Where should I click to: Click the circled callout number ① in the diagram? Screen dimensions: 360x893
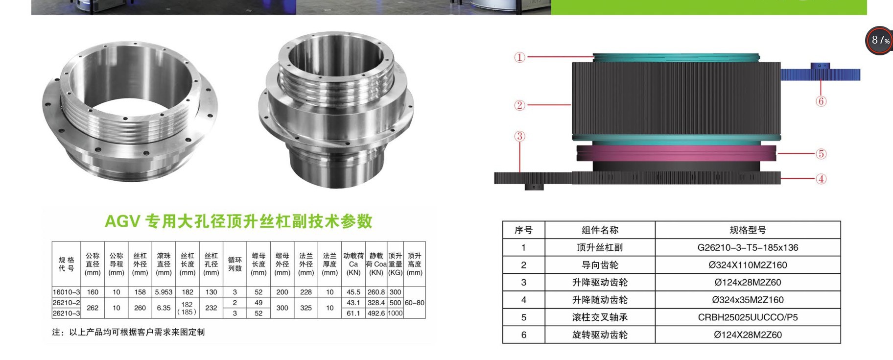coord(519,57)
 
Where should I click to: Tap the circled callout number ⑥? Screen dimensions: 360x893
coord(821,101)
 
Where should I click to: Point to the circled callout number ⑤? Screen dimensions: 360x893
coord(821,154)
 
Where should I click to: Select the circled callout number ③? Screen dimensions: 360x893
coord(519,136)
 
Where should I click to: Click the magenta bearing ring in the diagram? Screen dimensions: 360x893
coord(676,153)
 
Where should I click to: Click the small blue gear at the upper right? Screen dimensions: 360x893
coord(821,74)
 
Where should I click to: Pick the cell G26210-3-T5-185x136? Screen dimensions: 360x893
coord(748,248)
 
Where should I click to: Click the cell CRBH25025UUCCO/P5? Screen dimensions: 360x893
coord(748,317)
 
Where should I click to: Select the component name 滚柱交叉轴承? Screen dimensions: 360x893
coord(600,317)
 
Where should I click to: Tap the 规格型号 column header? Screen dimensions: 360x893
coord(748,230)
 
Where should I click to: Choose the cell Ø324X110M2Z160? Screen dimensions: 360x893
coord(748,265)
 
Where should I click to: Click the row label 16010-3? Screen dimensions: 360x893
coord(66,292)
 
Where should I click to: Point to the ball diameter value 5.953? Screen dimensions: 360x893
coord(164,292)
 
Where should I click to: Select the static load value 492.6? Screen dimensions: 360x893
coord(376,313)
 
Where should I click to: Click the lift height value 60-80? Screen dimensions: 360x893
coord(414,303)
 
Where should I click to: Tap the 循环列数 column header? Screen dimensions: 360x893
coord(235,264)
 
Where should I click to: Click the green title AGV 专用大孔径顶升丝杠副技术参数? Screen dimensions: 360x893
coord(239,221)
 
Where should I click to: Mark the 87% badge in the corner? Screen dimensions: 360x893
coord(880,40)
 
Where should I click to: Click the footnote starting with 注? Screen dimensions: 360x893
coord(128,332)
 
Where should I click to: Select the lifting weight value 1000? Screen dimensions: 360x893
coord(395,313)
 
